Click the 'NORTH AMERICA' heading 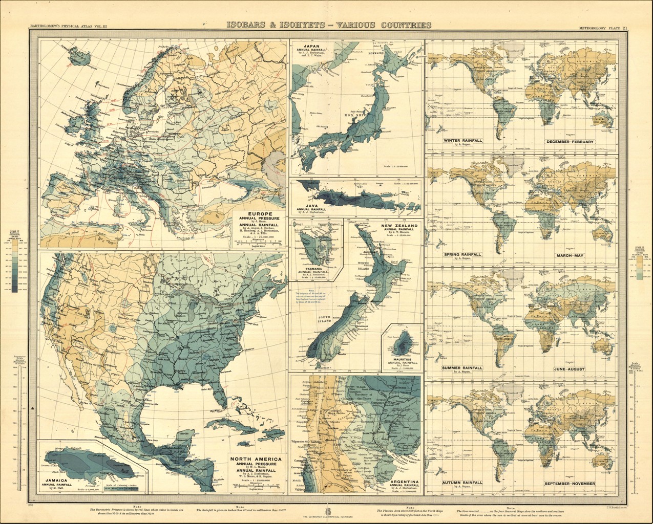[256, 460]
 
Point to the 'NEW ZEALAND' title [399, 225]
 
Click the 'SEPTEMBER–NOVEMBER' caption [570, 484]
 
